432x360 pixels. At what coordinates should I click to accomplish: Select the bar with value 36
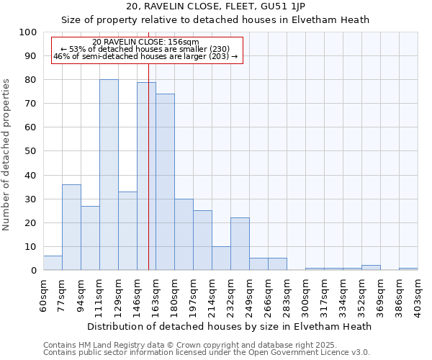[x=71, y=228]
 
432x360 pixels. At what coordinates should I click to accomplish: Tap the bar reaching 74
[x=165, y=182]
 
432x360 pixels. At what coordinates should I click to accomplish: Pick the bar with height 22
[x=240, y=244]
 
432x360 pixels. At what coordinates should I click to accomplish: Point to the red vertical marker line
[x=148, y=144]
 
